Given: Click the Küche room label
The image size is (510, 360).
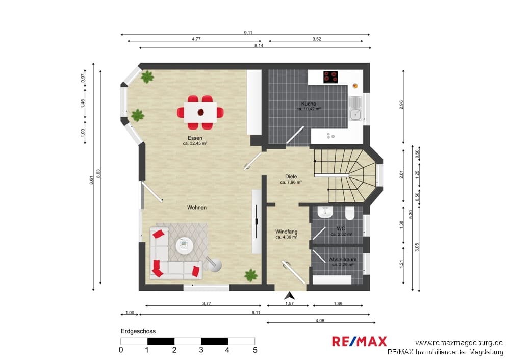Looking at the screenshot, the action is [x=309, y=104].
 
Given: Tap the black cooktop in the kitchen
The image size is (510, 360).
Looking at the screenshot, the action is [x=330, y=77].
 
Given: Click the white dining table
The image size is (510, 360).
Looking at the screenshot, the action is [x=200, y=112].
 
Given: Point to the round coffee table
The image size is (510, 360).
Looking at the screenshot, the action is [x=185, y=246].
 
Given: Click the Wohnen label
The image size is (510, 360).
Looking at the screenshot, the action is [x=197, y=207].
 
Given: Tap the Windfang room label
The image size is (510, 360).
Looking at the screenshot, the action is [x=287, y=232].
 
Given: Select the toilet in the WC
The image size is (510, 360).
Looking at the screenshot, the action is [x=350, y=213].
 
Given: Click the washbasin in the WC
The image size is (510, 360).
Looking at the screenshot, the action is [x=325, y=212].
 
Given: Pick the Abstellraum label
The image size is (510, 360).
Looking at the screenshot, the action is [x=343, y=259].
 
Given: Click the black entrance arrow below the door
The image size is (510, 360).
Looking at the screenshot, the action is [x=289, y=296].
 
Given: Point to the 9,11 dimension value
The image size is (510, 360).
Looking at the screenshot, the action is [x=248, y=32].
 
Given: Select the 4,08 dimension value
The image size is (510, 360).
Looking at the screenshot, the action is [x=320, y=320].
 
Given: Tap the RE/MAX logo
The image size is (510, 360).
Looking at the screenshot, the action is [x=360, y=342].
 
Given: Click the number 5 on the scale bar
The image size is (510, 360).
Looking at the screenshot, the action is [x=255, y=350].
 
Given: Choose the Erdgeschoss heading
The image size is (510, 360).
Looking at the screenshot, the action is [x=138, y=331].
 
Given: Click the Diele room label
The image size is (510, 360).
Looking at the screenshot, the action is [x=291, y=176].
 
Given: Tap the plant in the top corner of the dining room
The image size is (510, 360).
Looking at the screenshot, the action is [x=147, y=77].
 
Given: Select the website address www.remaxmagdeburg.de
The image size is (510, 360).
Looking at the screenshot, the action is [x=459, y=343].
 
